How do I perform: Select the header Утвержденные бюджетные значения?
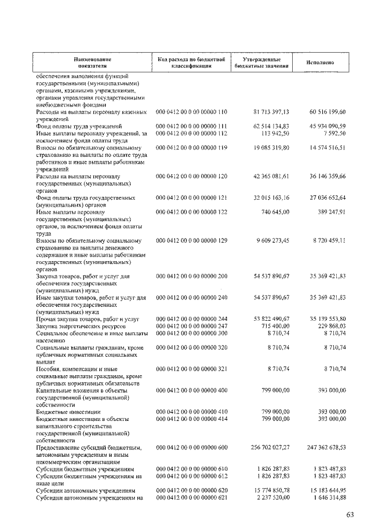pyautogui.click(x=261, y=63)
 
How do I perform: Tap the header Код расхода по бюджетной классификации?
pyautogui.click(x=191, y=63)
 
